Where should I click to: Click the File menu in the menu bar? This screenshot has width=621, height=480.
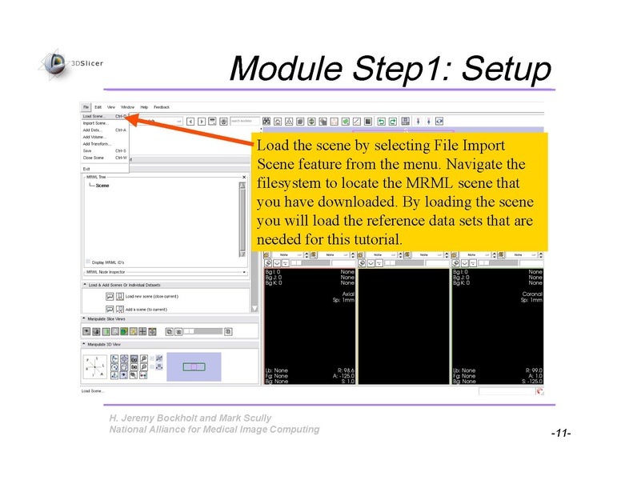[x=85, y=107]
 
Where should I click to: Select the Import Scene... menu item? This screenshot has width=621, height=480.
[x=94, y=122]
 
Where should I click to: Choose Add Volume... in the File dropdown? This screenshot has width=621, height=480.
[x=95, y=137]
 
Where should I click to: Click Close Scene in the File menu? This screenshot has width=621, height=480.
[x=93, y=158]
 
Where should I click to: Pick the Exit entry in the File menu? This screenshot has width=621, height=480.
[x=86, y=168]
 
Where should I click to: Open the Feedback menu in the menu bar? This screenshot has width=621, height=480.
[x=162, y=107]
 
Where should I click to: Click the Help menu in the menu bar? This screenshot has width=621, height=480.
[x=144, y=107]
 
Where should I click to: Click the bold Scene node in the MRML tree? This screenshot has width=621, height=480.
[x=102, y=186]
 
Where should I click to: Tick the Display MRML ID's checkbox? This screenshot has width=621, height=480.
[x=88, y=262]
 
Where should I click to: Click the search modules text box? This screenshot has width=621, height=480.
[x=245, y=121]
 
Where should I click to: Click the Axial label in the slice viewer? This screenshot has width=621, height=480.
[x=347, y=294]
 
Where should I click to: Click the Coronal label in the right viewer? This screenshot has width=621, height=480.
[x=531, y=294]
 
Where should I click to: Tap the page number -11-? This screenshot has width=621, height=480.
[x=559, y=433]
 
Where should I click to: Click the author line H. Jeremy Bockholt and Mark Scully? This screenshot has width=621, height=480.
[x=190, y=418]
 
